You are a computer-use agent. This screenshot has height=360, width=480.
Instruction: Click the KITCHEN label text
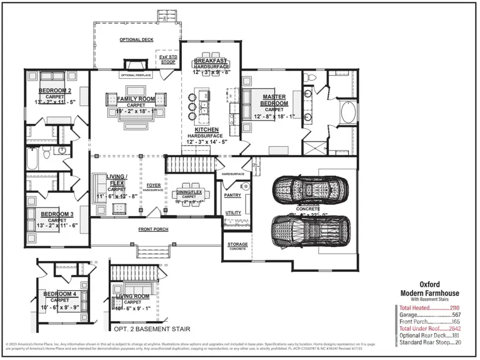pyautogui.click(x=206, y=130)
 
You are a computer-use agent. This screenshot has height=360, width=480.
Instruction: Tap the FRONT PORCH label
pyautogui.click(x=154, y=229)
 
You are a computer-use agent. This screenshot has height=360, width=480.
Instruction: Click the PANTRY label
pyautogui.click(x=232, y=195)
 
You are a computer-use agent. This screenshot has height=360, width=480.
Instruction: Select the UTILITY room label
pyautogui.click(x=233, y=213)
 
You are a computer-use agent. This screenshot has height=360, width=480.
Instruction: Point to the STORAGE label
pyautogui.click(x=238, y=244)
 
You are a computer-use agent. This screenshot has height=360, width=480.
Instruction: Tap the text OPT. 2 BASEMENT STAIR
pyautogui.click(x=151, y=329)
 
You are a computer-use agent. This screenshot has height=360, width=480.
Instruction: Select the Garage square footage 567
pyautogui.click(x=455, y=315)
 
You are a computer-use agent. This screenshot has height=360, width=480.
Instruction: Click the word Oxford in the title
pyautogui.click(x=430, y=285)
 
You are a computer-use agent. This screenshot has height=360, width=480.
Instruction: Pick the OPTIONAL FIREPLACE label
pyautogui.click(x=136, y=76)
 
